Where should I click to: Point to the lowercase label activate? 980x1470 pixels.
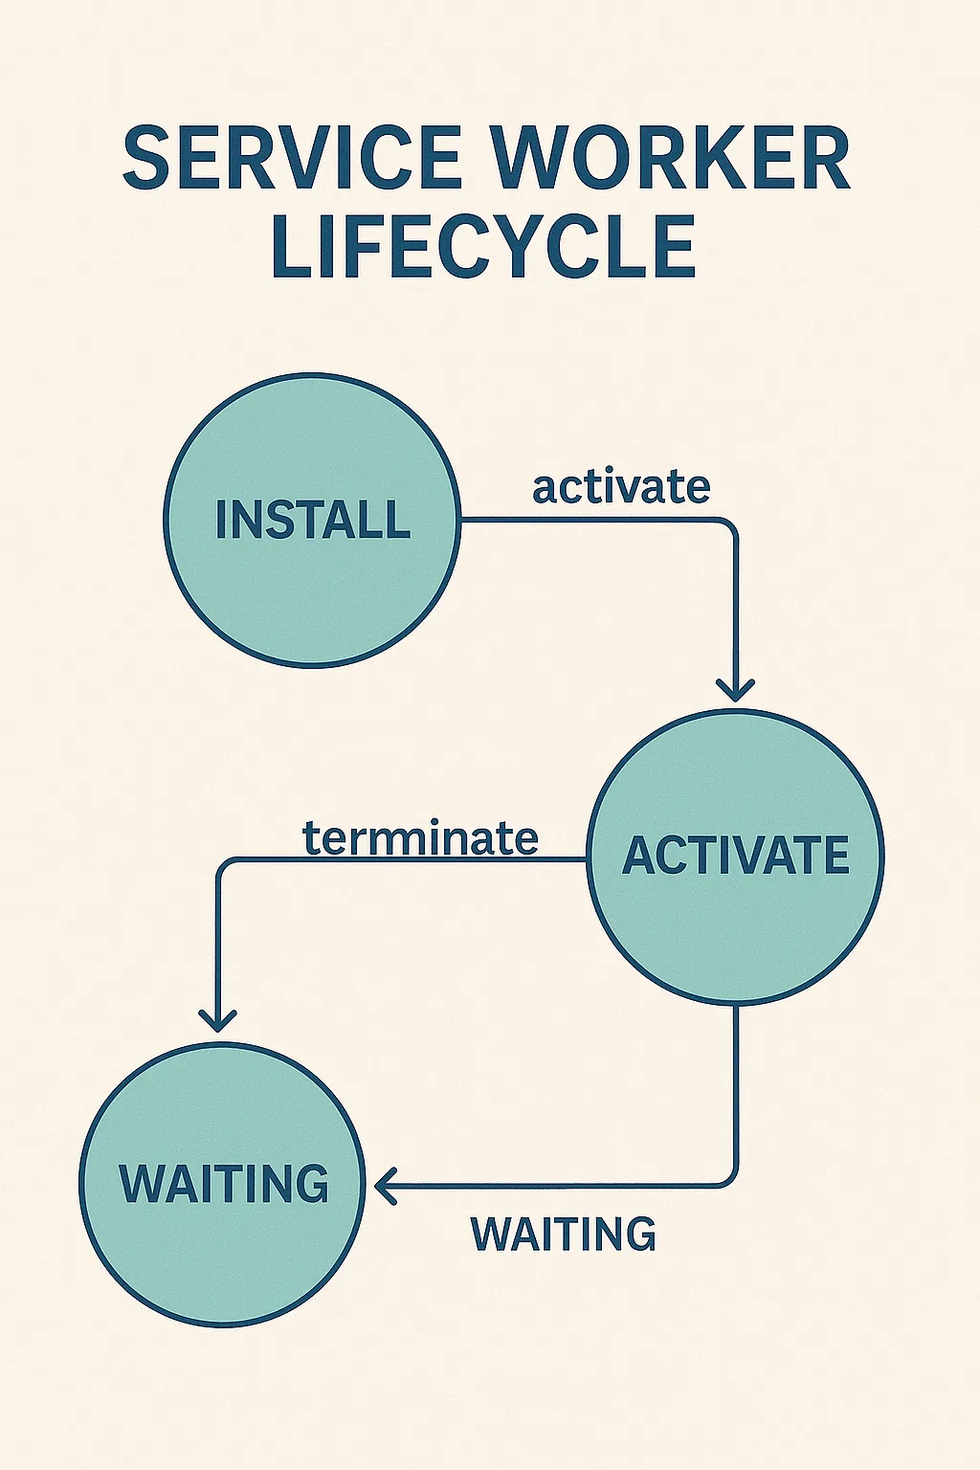point(621,487)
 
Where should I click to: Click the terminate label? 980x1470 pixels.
point(420,838)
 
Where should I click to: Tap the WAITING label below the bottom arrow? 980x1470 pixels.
point(563,1235)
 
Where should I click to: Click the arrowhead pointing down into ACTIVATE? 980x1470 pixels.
point(735,692)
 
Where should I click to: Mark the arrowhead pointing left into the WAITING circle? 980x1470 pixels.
point(386,1186)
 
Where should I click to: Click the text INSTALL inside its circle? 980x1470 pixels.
point(312,521)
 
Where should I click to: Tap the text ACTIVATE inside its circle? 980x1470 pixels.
point(736,856)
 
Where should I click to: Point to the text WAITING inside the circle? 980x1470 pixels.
point(223,1184)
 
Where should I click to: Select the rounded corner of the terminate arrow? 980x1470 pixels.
point(224,865)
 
